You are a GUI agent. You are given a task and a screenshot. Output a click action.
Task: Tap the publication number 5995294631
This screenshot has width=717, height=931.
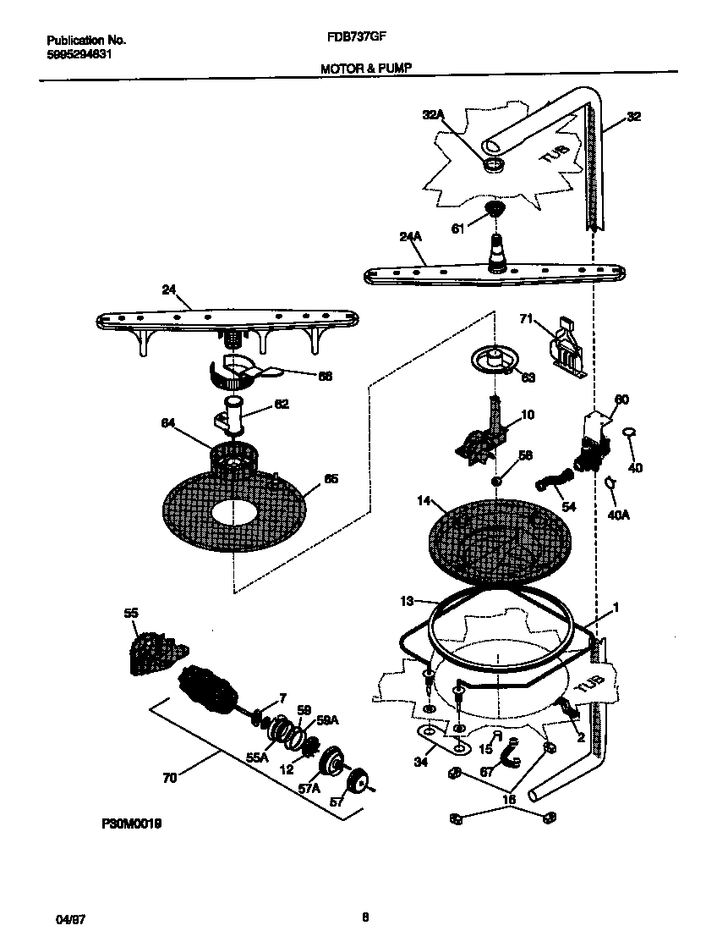78,54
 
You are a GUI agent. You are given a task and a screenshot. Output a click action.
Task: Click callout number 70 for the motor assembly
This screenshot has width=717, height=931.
169,778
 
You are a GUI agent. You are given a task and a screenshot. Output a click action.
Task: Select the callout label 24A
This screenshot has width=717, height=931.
410,240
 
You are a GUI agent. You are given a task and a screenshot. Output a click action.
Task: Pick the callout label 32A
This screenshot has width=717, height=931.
432,115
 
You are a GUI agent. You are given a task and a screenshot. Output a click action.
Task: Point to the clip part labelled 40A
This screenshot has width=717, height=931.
610,482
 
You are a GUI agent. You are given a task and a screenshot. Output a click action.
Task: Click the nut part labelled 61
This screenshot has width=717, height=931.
494,209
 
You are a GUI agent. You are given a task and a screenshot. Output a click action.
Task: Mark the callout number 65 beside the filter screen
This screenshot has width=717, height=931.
331,478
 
